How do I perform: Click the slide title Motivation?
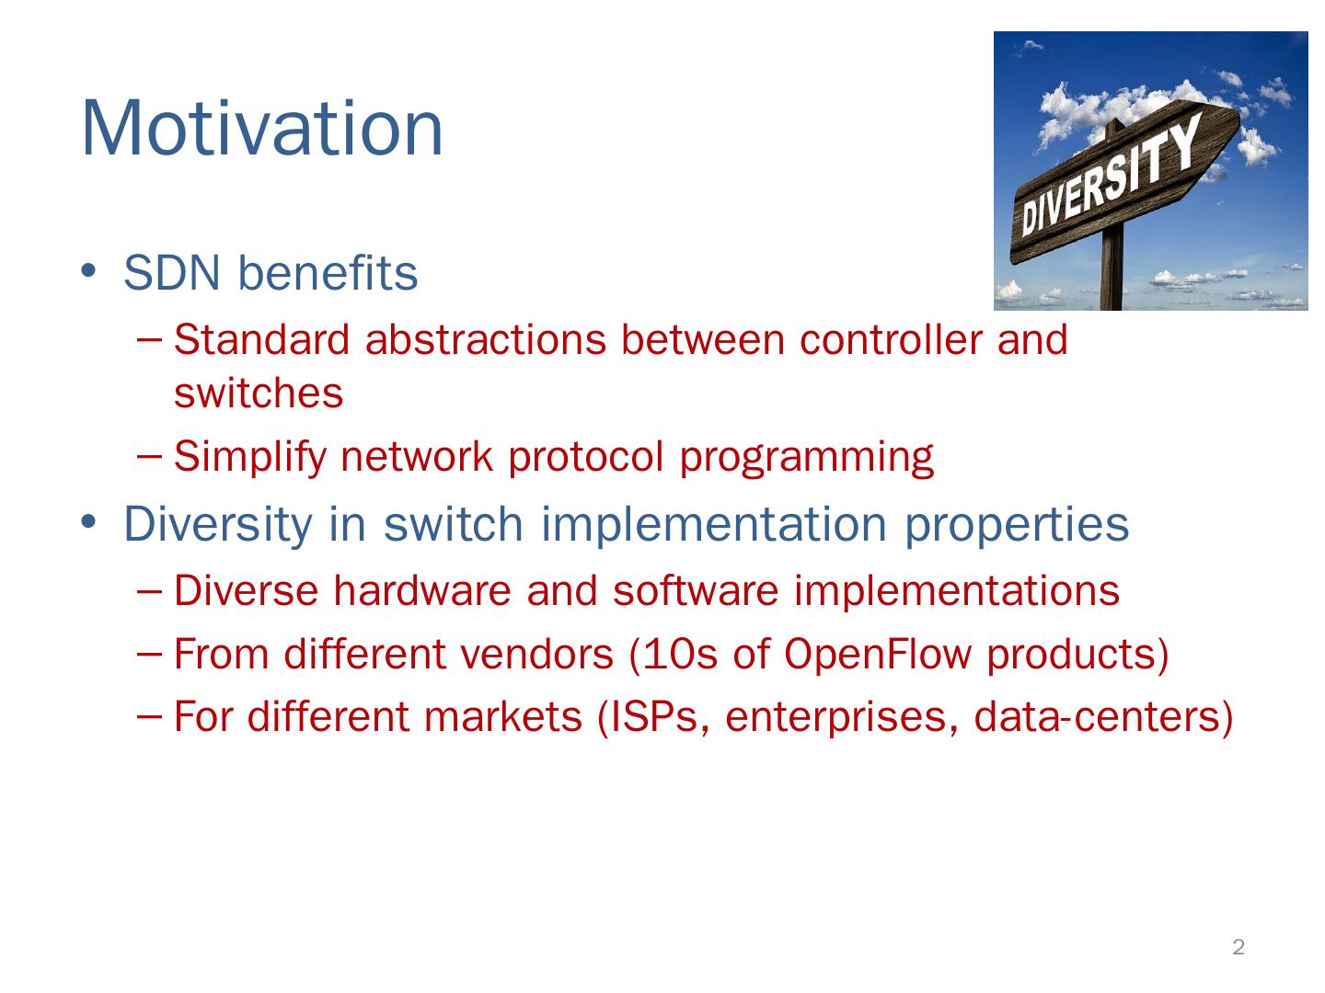(262, 129)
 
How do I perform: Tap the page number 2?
(1239, 947)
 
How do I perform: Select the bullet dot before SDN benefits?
(88, 270)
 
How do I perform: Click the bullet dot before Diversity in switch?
(88, 521)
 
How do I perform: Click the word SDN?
(171, 273)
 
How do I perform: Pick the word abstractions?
(485, 339)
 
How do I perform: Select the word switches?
(259, 394)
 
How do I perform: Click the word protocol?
(585, 458)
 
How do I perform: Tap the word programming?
(806, 458)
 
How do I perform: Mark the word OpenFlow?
(877, 654)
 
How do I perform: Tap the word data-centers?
(1096, 717)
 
